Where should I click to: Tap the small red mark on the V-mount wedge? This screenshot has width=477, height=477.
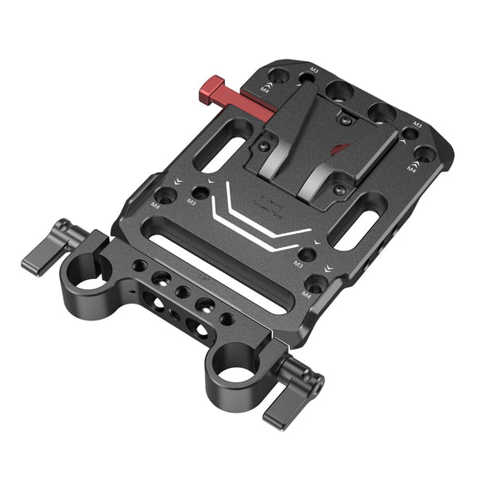coord(340,149)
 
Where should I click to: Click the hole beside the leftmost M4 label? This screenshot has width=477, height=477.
coord(167,194)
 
